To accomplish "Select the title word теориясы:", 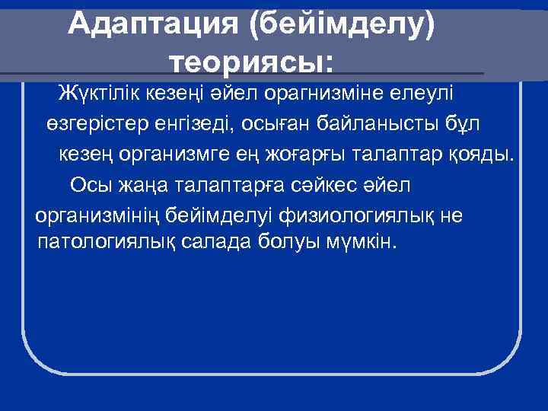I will pyautogui.click(x=250, y=60).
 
